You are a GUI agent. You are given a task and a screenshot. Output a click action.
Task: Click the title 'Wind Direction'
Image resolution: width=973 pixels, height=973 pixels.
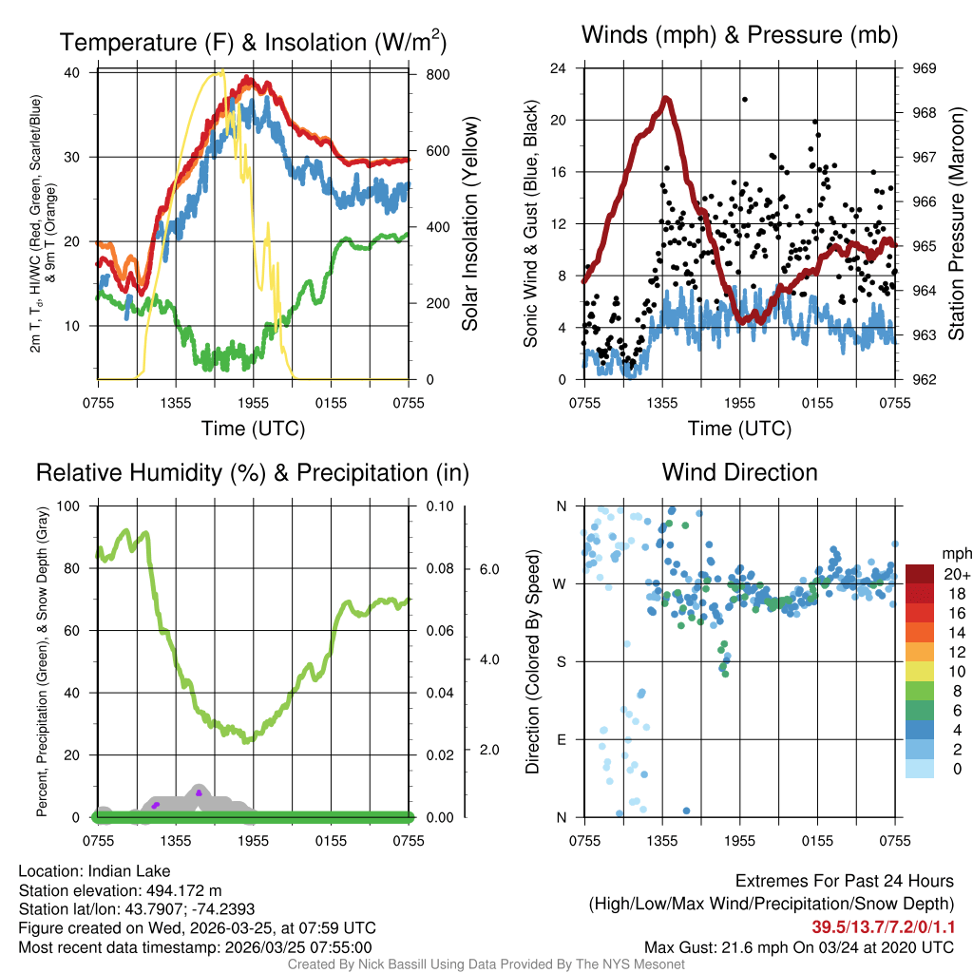pos(739,472)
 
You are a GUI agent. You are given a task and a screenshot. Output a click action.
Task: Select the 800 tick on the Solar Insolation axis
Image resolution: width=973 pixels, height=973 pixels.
pos(426,74)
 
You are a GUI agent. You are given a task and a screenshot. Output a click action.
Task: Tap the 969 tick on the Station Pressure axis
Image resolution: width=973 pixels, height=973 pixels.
pos(925,68)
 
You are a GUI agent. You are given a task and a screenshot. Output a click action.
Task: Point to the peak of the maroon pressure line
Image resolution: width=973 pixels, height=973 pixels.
pos(666,98)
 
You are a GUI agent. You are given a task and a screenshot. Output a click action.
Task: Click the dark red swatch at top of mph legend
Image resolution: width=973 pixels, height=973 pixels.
pos(921,574)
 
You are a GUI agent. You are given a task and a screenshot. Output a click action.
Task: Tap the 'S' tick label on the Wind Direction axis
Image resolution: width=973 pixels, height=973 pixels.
pos(561,661)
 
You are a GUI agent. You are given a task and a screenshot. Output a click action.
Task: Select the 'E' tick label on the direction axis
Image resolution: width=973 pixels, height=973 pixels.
pos(561,739)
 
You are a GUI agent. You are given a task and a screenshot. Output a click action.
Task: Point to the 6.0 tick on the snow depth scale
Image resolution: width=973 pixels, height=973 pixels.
pos(486,569)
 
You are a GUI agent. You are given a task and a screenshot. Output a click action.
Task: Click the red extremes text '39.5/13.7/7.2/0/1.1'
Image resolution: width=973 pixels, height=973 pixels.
pos(882,926)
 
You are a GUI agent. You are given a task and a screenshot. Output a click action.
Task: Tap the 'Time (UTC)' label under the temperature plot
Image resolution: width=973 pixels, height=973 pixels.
pos(253,429)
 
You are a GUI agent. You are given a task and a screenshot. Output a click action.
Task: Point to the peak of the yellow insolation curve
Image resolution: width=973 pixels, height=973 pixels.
pos(220,72)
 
